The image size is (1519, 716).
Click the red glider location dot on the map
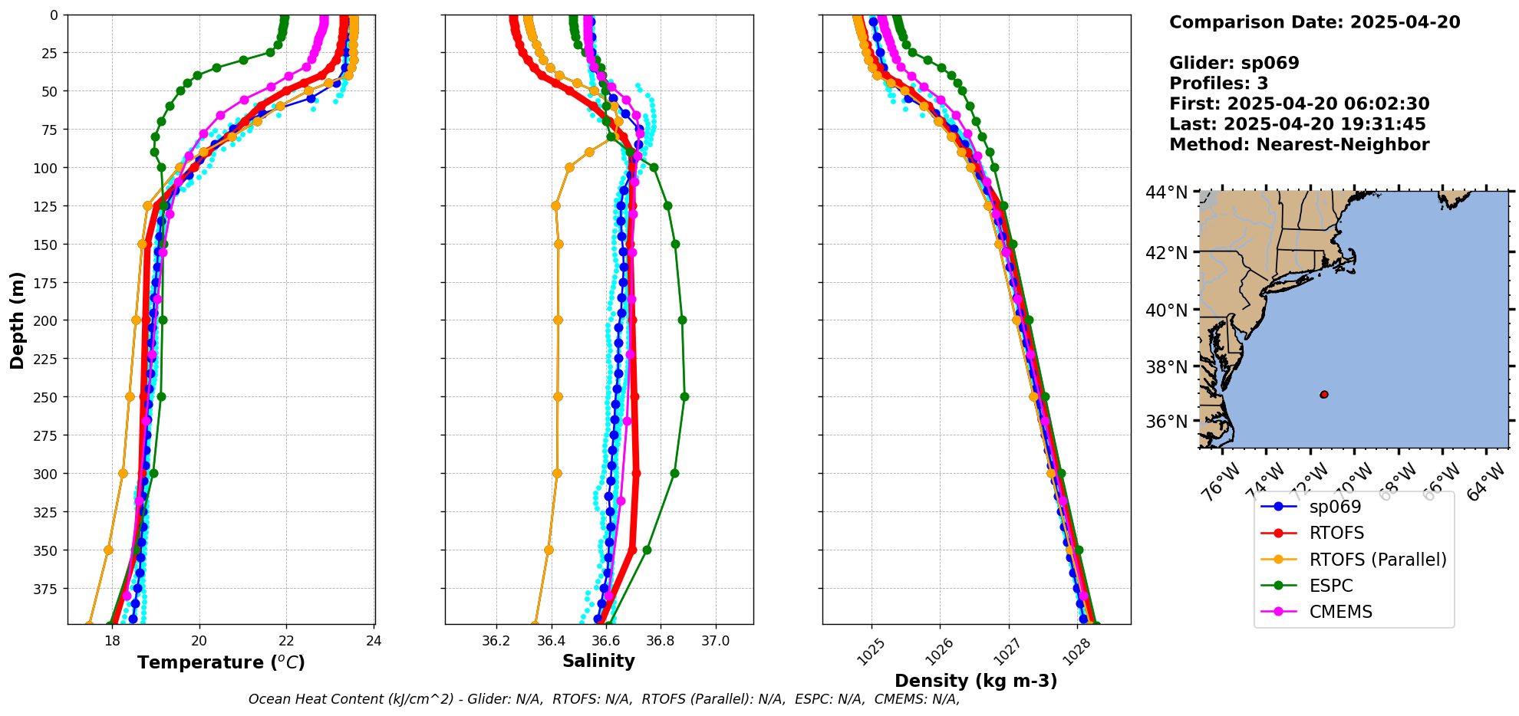(1324, 394)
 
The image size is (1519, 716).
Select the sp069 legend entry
(1335, 507)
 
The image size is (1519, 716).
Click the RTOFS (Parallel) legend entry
(1377, 560)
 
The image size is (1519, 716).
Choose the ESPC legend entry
(1331, 586)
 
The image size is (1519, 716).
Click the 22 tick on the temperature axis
(287, 640)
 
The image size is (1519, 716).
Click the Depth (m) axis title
(17, 320)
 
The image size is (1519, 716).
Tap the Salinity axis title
(598, 661)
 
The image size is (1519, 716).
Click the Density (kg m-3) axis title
(976, 681)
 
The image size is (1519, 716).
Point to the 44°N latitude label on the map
(1167, 192)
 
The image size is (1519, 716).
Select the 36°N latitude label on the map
(1167, 421)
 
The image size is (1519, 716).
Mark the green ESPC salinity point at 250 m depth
(684, 397)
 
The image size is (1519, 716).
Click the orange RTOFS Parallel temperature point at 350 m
(108, 550)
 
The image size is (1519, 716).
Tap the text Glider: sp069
(1234, 63)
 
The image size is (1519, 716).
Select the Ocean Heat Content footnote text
(604, 699)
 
